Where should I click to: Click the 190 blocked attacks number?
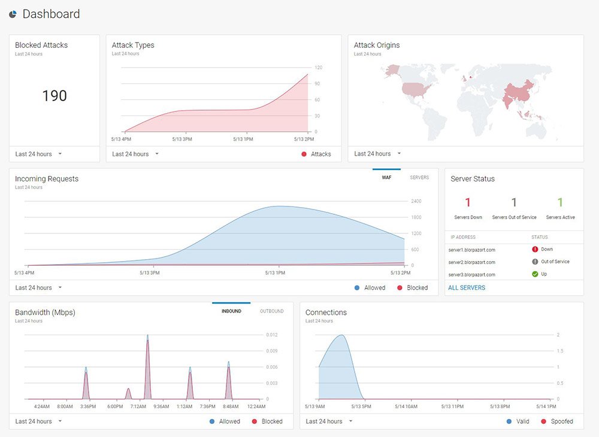pyautogui.click(x=55, y=95)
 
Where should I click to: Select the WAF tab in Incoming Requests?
pyautogui.click(x=386, y=177)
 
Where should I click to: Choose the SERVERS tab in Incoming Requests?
pyautogui.click(x=419, y=177)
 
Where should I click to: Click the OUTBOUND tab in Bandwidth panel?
pyautogui.click(x=271, y=311)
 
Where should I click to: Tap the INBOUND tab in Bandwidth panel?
pyautogui.click(x=231, y=311)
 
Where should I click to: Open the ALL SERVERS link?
pyautogui.click(x=467, y=288)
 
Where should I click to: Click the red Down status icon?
pyautogui.click(x=535, y=249)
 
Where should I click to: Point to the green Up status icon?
pyautogui.click(x=535, y=274)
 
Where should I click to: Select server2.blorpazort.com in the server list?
pyautogui.click(x=472, y=262)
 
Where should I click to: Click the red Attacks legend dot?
pyautogui.click(x=304, y=154)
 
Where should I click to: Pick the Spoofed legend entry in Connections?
pyautogui.click(x=557, y=421)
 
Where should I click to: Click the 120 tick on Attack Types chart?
pyautogui.click(x=318, y=68)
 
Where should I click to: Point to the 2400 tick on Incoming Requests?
pyautogui.click(x=416, y=201)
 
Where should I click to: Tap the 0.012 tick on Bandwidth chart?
pyautogui.click(x=271, y=335)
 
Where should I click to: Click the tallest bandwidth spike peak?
pyautogui.click(x=147, y=335)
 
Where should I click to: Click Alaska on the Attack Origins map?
pyautogui.click(x=392, y=71)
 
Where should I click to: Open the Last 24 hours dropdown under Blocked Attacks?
pyautogui.click(x=38, y=154)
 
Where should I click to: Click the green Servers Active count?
pyautogui.click(x=560, y=202)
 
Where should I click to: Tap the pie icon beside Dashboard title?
pyautogui.click(x=13, y=14)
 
